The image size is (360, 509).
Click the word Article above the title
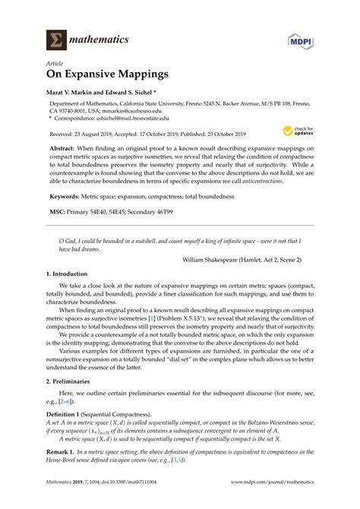click(x=55, y=64)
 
